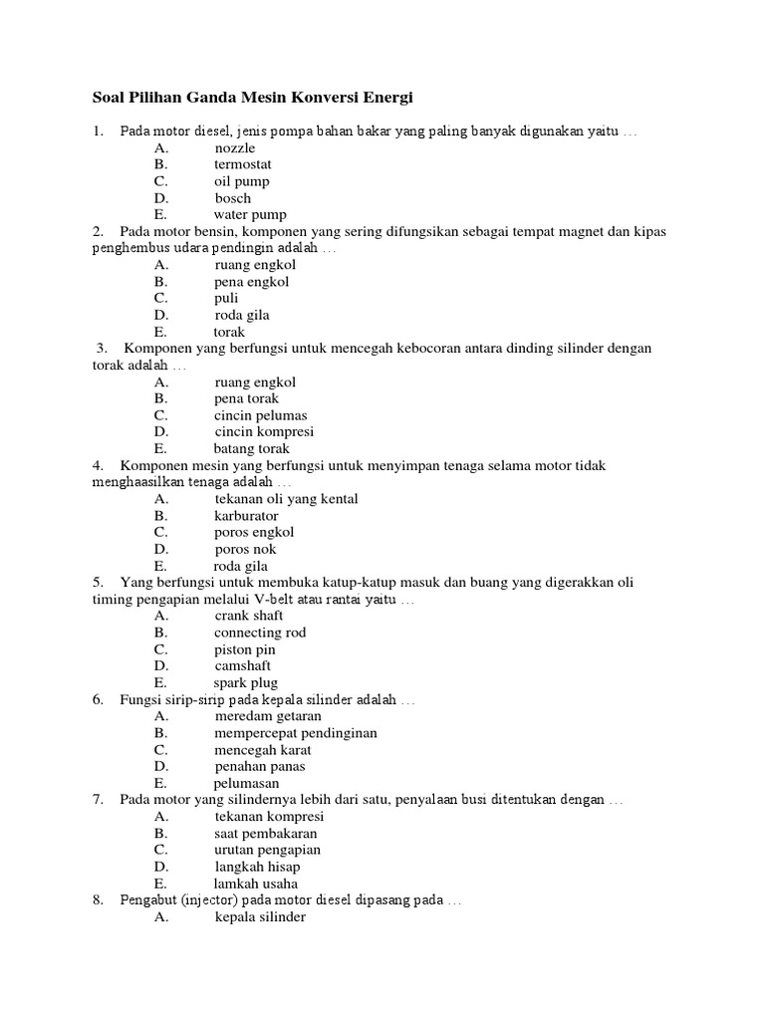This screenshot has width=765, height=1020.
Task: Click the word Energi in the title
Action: pos(385,98)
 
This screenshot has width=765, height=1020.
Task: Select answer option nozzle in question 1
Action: pos(235,148)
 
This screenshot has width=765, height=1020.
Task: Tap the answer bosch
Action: pos(233,198)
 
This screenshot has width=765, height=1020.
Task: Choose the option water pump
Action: pos(250,214)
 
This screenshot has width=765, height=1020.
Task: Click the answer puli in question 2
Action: pos(226,298)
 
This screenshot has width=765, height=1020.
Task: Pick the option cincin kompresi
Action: pos(264,432)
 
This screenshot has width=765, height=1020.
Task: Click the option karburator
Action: pos(246,516)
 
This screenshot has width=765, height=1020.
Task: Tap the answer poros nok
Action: pos(246,549)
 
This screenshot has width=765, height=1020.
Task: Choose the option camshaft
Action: pos(243,665)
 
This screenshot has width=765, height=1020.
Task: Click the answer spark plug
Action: pos(245,683)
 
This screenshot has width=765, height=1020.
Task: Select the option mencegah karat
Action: pos(263,750)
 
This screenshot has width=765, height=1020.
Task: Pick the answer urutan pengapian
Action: pos(267,851)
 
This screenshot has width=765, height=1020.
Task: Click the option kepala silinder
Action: pos(260,917)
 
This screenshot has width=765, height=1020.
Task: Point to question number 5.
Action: pos(98,583)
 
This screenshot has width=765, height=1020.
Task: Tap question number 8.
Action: pos(98,900)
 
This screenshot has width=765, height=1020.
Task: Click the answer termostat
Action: pos(243,164)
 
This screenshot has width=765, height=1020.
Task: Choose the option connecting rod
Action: pos(260,633)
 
